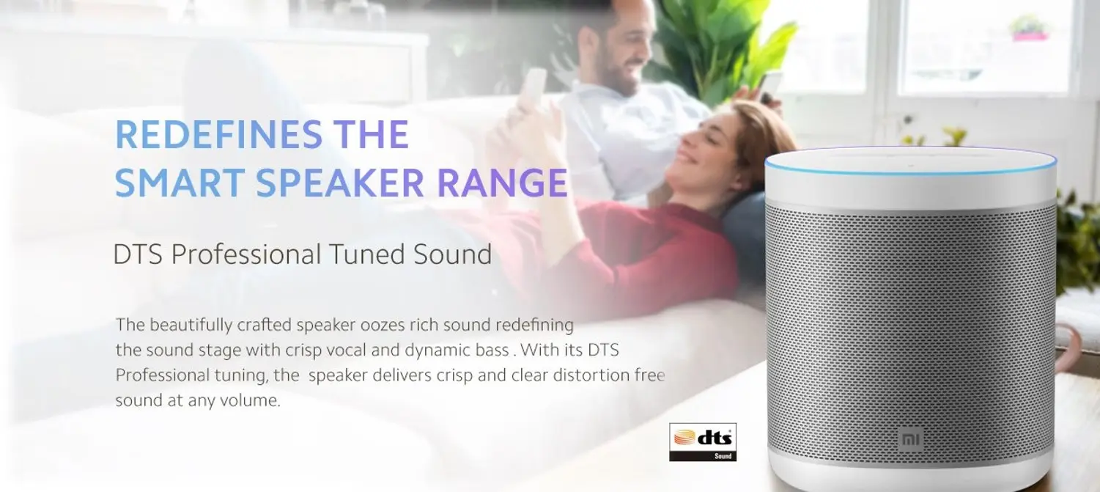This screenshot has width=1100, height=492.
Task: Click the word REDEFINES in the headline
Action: click(218, 134)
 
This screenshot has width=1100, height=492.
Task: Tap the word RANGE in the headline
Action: click(502, 183)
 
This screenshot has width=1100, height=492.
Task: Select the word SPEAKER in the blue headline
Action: click(339, 183)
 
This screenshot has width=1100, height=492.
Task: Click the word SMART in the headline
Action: click(180, 183)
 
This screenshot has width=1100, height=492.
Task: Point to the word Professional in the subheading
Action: click(246, 254)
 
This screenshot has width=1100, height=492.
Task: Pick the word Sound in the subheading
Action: click(452, 254)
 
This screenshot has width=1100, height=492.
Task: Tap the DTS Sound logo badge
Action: click(703, 442)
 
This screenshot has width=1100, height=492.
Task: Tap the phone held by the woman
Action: click(532, 89)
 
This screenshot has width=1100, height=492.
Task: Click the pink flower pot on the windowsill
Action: click(1030, 36)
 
